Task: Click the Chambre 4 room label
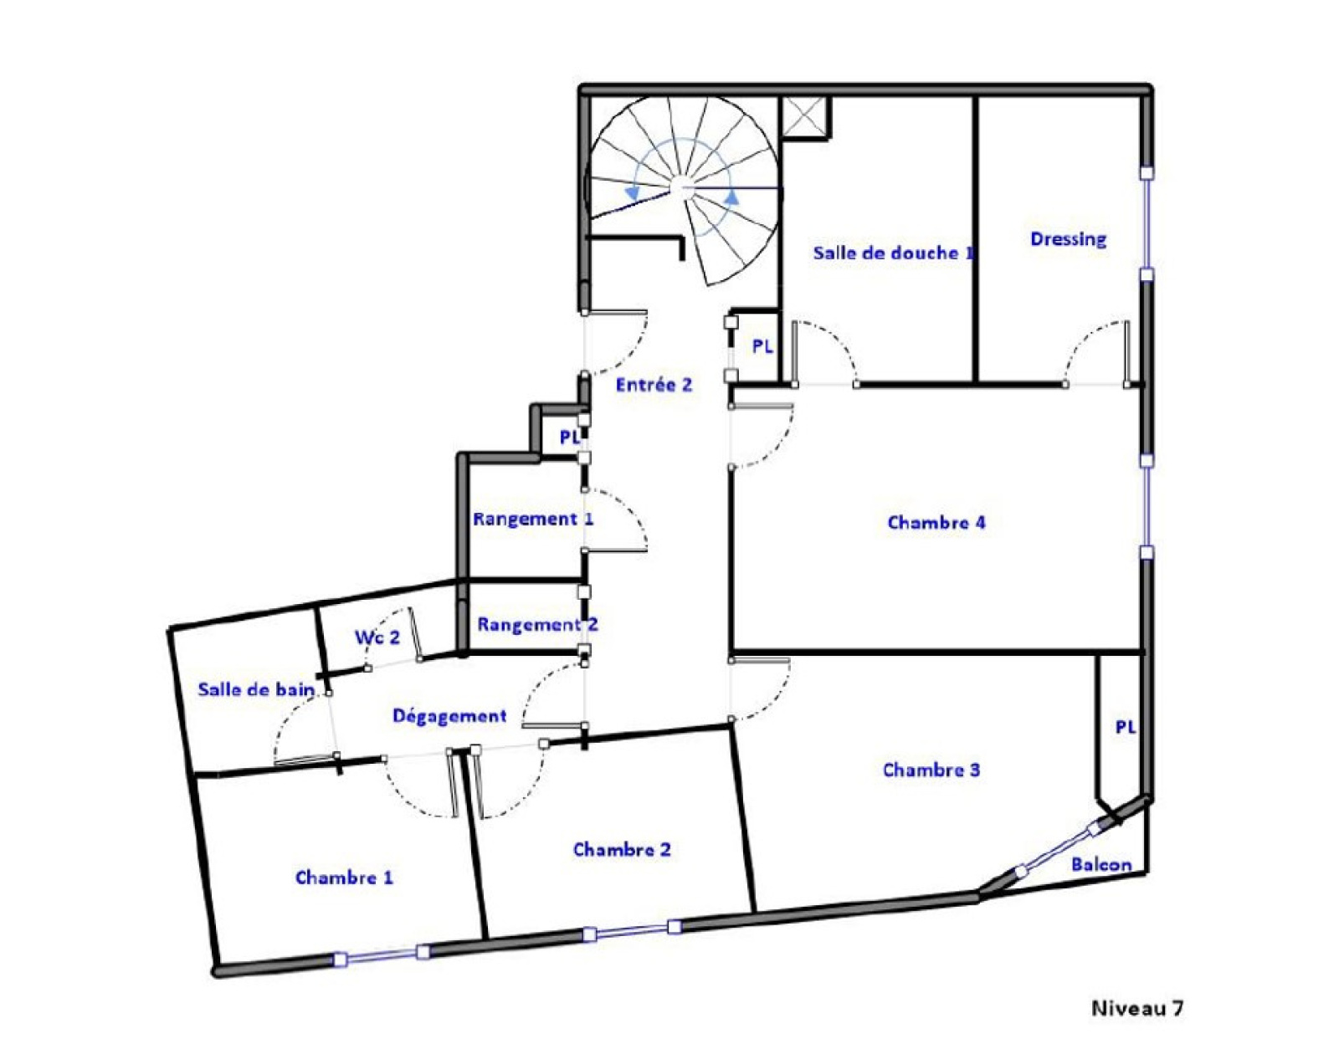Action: coord(936,523)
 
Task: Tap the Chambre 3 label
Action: coord(931,770)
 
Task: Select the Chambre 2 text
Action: coord(621,849)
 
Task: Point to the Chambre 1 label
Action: coord(344,877)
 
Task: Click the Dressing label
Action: coord(1068,239)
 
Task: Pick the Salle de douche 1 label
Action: coord(894,253)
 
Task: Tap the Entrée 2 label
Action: coord(654,385)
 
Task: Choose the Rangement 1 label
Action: coord(533,519)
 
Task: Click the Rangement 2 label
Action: coord(537,625)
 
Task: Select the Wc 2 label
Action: coord(377,637)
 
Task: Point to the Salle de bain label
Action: coord(256,689)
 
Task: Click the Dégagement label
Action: coord(449,716)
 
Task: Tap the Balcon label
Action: coord(1101,864)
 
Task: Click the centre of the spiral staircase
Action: coord(683,188)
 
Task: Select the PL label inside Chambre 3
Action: coord(1126,728)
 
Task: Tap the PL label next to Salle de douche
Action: coord(762,347)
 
